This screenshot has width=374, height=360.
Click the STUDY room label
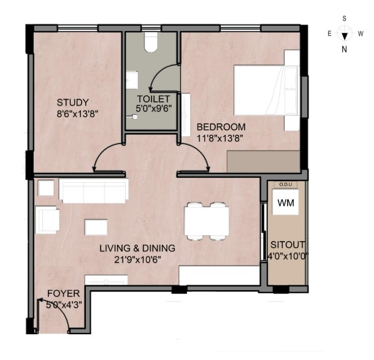click(x=73, y=102)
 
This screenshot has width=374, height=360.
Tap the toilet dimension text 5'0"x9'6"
click(x=154, y=109)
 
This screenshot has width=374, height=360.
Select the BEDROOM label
click(x=221, y=127)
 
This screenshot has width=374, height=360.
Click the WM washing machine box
click(x=286, y=202)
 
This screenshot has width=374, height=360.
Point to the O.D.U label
click(x=286, y=185)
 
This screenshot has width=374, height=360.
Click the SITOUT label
click(x=288, y=245)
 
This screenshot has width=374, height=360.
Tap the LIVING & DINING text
click(x=137, y=248)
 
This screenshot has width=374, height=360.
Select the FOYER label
click(x=63, y=293)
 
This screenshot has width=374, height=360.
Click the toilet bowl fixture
click(x=151, y=42)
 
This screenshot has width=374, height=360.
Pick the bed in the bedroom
click(x=267, y=90)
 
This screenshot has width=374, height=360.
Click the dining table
click(x=207, y=221)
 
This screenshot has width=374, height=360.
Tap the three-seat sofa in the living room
click(x=94, y=191)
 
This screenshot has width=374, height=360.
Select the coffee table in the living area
click(x=96, y=228)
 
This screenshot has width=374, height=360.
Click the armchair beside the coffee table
click(x=47, y=220)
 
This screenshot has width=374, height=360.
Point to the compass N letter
click(x=344, y=50)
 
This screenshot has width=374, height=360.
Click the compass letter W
click(x=361, y=34)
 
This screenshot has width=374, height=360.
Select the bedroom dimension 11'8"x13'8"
click(x=220, y=139)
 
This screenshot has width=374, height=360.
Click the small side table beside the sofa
click(x=46, y=188)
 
